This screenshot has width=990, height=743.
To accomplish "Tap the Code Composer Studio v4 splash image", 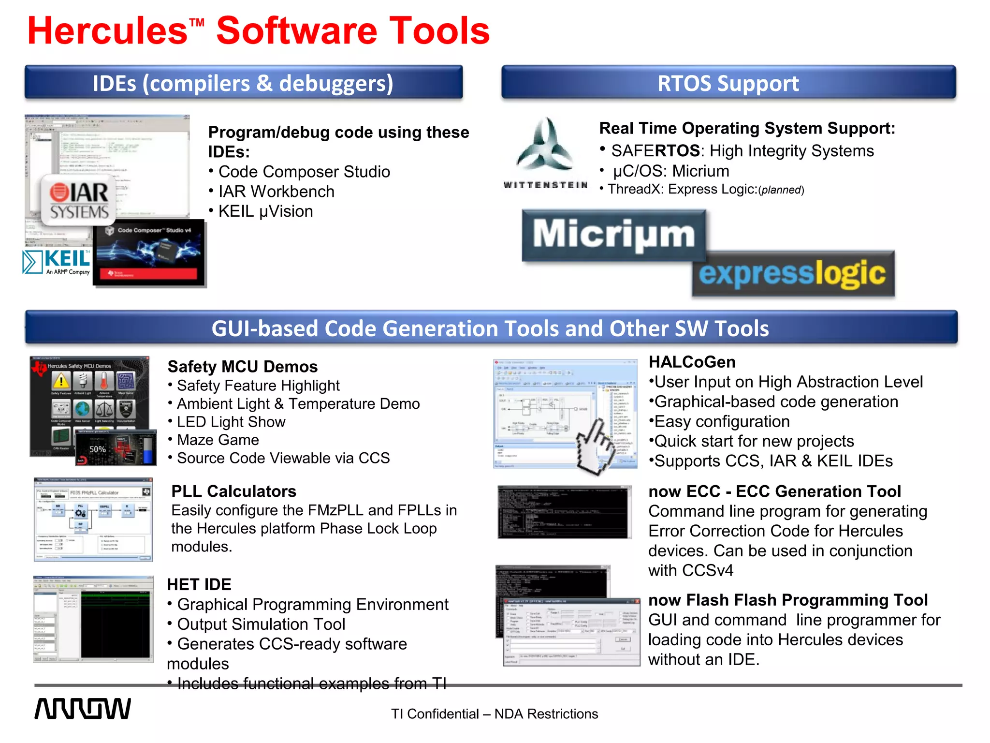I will [x=149, y=253].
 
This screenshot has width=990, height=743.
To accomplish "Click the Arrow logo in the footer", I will [x=82, y=709].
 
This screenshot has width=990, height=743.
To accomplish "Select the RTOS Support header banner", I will [x=728, y=83].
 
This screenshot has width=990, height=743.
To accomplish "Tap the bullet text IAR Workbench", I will [x=276, y=192].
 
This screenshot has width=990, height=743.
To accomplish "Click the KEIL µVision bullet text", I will [x=265, y=211].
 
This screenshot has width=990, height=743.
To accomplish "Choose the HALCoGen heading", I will [x=692, y=362].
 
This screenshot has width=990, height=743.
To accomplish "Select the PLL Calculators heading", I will [x=233, y=491].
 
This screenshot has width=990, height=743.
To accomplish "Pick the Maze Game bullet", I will [x=218, y=440].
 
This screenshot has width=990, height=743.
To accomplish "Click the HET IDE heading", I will [x=199, y=584].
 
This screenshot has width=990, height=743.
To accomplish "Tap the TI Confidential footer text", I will [x=494, y=714].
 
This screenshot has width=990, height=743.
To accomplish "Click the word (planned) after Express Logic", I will [x=781, y=190].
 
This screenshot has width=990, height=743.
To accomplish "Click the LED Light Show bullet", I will [x=231, y=422].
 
